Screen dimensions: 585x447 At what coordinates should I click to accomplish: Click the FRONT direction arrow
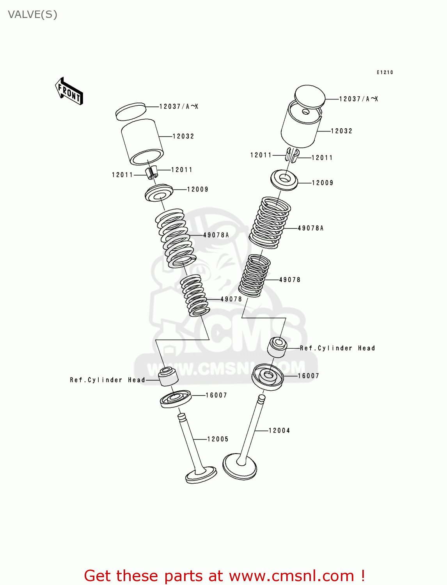click(69, 91)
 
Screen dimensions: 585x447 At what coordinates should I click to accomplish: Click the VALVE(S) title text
click(32, 14)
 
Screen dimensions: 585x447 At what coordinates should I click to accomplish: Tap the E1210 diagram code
click(385, 72)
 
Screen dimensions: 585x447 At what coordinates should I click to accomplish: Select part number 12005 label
click(218, 439)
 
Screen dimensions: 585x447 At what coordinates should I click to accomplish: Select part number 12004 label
click(279, 431)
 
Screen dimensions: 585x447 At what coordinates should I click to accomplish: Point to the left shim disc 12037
click(131, 111)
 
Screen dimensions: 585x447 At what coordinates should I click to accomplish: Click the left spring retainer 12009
click(159, 193)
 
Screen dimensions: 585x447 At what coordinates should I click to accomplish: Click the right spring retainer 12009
click(284, 180)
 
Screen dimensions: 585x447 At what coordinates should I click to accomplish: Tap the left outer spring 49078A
click(176, 238)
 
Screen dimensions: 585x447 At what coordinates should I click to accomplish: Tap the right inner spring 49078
click(254, 276)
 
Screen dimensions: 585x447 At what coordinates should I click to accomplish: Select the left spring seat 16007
click(176, 399)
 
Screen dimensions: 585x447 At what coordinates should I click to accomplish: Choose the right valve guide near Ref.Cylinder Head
click(277, 347)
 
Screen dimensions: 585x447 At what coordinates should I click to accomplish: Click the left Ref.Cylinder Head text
click(107, 380)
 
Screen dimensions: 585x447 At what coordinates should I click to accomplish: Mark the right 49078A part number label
click(310, 228)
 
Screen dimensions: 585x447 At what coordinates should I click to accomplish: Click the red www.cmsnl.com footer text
click(224, 576)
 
